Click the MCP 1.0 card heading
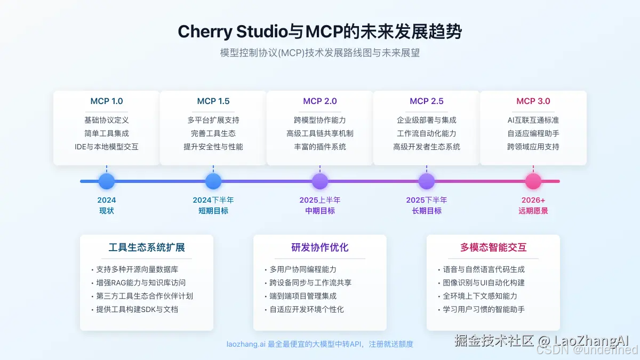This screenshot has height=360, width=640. pos(107,101)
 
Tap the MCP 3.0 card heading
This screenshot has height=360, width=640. pos(533,101)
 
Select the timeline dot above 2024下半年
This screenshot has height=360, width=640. pos(213,181)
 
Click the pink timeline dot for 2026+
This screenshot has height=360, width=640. pos(533,181)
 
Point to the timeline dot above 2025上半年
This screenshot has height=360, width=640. pos(320,181)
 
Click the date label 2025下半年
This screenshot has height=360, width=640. pos(427,200)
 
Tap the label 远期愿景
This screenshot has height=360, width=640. pos(533,211)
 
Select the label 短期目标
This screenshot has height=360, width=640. pos(213,211)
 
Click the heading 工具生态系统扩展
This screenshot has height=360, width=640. pos(147,247)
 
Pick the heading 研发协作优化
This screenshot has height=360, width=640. pos(320,247)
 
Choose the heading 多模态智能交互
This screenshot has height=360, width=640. pos(493,247)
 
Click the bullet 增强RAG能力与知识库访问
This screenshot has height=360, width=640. pos(141,283)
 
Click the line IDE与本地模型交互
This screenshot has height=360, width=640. pos(107,147)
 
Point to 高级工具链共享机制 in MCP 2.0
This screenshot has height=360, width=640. pos(320,133)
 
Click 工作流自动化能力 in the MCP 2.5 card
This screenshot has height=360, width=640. pos(427,133)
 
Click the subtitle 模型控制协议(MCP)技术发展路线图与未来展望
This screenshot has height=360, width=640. pos(320,53)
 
